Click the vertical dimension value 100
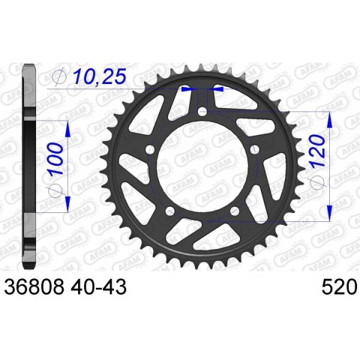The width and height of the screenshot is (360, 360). [55, 159]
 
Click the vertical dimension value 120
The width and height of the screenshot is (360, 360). [317, 151]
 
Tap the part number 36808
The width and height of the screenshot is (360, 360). [34, 286]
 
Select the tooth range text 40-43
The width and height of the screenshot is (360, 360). [98, 286]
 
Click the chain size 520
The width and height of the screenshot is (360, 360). [339, 286]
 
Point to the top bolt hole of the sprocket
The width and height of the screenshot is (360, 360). [202, 111]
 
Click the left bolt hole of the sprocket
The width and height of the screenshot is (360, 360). [151, 149]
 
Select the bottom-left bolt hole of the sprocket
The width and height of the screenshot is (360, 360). [170, 211]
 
